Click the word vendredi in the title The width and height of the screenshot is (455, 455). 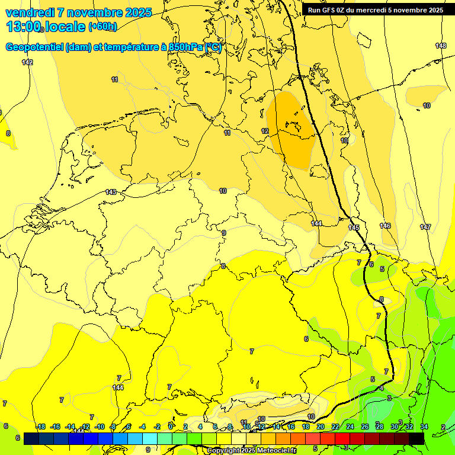(x=30, y=12)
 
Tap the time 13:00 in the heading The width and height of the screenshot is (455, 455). (x=24, y=27)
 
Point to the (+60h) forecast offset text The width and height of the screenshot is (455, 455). (x=102, y=27)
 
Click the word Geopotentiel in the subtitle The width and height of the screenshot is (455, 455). (x=34, y=47)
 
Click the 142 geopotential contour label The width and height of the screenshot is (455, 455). (x=27, y=62)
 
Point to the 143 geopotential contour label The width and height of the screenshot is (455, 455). (x=111, y=192)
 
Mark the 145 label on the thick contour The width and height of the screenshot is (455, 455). (x=354, y=227)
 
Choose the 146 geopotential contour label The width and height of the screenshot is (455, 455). (x=385, y=226)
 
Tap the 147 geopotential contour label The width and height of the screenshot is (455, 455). (x=425, y=227)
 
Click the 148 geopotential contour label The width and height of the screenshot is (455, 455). (x=441, y=46)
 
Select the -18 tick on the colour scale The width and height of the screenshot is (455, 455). (x=40, y=427)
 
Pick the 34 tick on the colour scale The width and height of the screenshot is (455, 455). (x=424, y=427)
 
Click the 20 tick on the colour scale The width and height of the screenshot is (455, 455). (x=321, y=427)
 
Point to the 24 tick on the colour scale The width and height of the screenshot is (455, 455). (x=350, y=427)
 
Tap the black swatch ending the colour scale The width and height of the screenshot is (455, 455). (x=416, y=438)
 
